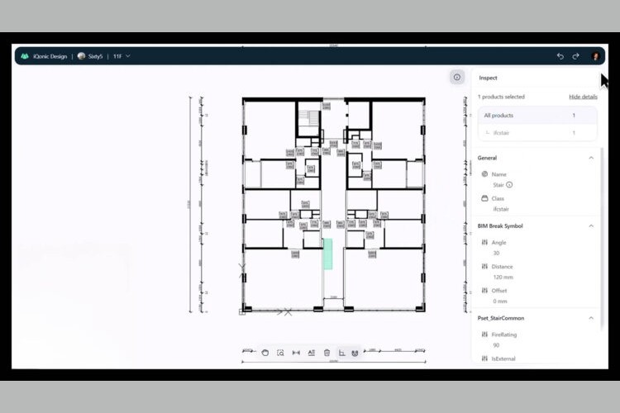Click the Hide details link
pos(583,97)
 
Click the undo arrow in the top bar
pos(560,56)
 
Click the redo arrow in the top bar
pos(575,56)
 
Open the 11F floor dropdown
pos(122,56)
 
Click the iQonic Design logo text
pos(49,56)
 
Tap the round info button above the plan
pos(457,77)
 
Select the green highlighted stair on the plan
pos(327,254)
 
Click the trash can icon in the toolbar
pos(327,353)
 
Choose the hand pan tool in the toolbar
pos(265,353)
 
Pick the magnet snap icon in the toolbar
pos(355,353)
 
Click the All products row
pos(537,116)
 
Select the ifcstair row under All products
pos(537,132)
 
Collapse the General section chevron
pos(591,158)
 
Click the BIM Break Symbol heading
pos(500,225)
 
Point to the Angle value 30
pos(495,254)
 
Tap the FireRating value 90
pos(495,346)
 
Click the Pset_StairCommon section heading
pos(500,318)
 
